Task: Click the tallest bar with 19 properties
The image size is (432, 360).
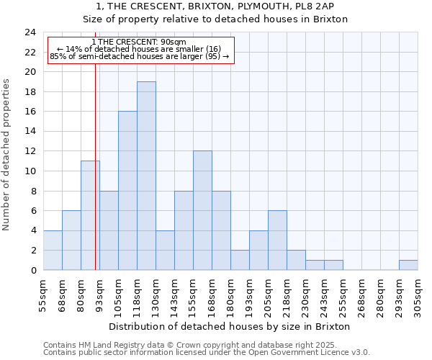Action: coord(146,176)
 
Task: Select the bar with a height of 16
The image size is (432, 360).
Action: coord(127,191)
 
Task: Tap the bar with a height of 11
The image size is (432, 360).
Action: coord(90,215)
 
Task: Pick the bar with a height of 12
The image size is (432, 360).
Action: coord(202,210)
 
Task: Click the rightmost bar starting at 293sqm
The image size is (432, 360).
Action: coord(408,265)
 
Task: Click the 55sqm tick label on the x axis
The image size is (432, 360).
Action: coord(44,294)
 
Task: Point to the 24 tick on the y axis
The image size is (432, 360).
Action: coord(30,32)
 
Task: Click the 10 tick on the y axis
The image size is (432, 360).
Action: coord(30,171)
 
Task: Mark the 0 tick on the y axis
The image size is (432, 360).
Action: coord(32,270)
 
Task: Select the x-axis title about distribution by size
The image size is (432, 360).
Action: coord(230,326)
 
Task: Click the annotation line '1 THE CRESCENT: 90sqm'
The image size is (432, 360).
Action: coord(140,41)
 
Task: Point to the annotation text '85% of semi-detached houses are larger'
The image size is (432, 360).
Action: coord(140,55)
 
